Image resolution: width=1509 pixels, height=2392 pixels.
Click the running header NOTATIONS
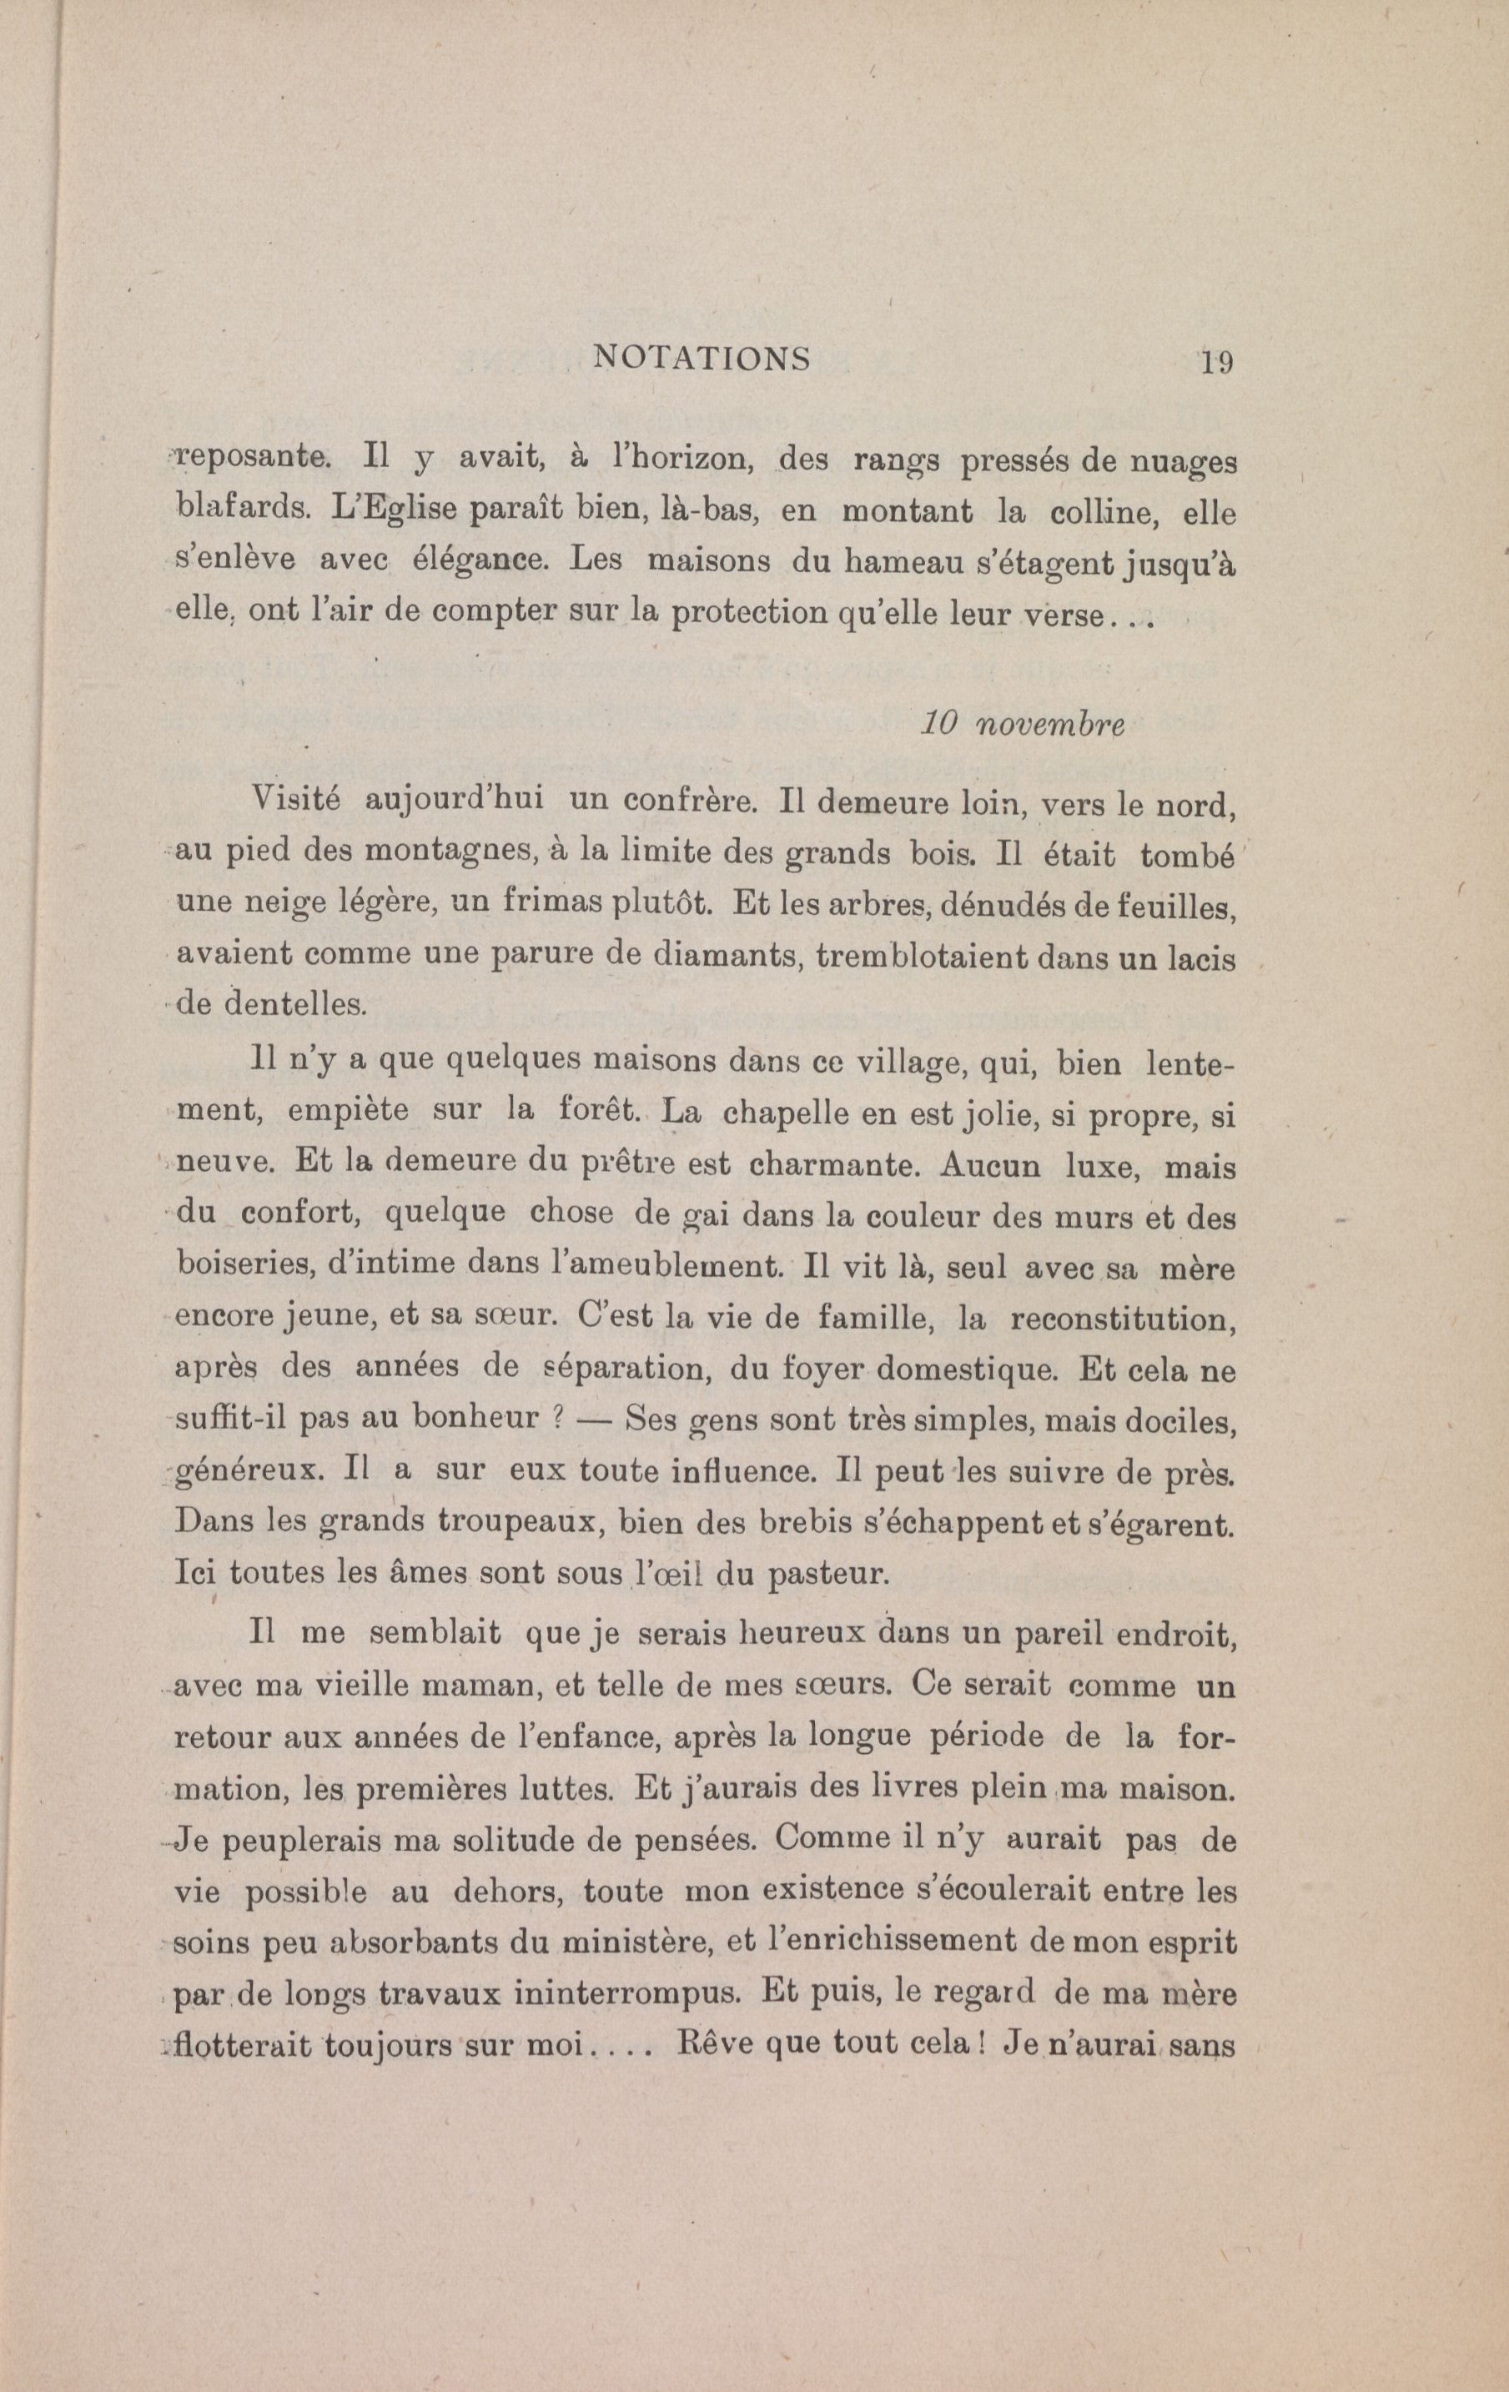(702, 358)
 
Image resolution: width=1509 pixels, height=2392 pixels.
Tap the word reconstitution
(1123, 1320)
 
